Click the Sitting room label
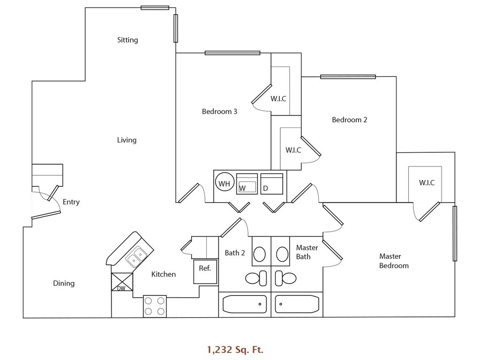[127, 40]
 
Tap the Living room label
[127, 140]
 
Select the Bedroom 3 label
[219, 112]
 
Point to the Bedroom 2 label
[349, 120]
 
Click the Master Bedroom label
[393, 261]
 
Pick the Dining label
[64, 283]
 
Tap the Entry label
[71, 202]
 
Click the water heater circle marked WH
[224, 184]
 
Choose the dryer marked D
[272, 184]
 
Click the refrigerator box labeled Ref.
[205, 272]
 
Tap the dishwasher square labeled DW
[122, 282]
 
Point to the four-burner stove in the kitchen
[155, 306]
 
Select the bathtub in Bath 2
[244, 304]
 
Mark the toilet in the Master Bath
[285, 277]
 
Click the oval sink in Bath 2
[259, 254]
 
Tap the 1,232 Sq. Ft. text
[235, 349]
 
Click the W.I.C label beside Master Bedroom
[427, 183]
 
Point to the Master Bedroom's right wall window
[455, 233]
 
